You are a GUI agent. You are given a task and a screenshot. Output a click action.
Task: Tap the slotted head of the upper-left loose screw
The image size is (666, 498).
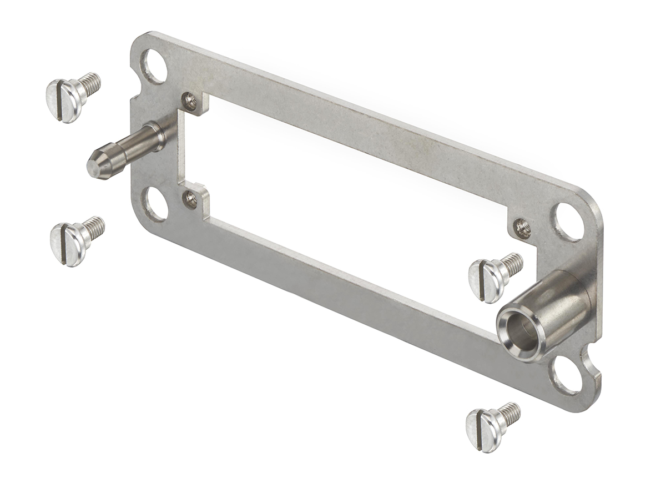[x=63, y=100]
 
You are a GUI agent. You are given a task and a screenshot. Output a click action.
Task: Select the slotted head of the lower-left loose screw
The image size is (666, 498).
[x=66, y=244]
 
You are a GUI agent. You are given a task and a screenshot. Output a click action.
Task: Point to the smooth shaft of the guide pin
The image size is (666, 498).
[x=130, y=147]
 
